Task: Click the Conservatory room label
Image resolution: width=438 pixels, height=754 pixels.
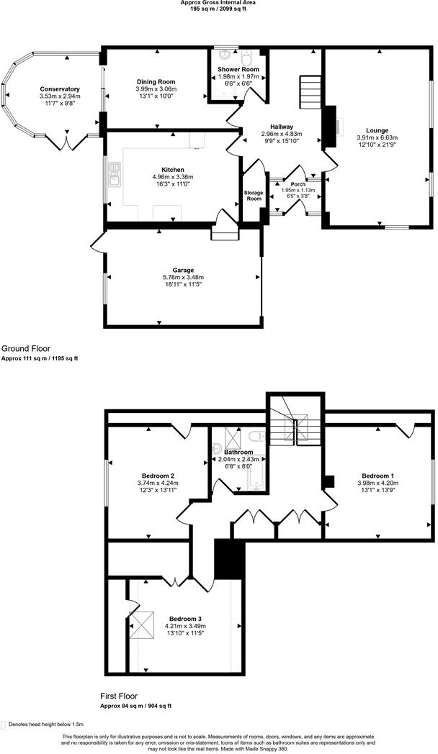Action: point(60,88)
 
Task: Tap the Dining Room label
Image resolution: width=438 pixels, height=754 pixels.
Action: point(156,82)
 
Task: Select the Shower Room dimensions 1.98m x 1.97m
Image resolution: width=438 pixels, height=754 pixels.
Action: point(238,77)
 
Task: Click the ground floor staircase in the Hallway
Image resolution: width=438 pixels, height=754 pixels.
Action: point(310,92)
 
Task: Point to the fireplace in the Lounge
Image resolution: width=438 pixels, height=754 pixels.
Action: point(333,122)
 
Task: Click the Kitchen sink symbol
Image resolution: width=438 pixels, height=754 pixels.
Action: point(114,171)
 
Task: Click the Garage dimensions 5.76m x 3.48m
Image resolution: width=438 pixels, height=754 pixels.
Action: point(183,278)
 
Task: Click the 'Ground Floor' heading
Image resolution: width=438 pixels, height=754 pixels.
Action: point(26,347)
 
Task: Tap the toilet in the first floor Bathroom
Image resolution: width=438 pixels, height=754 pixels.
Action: point(253,437)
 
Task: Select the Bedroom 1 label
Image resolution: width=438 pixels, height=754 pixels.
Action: point(377,476)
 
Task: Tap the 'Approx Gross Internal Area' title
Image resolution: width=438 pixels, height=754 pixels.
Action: point(218,3)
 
